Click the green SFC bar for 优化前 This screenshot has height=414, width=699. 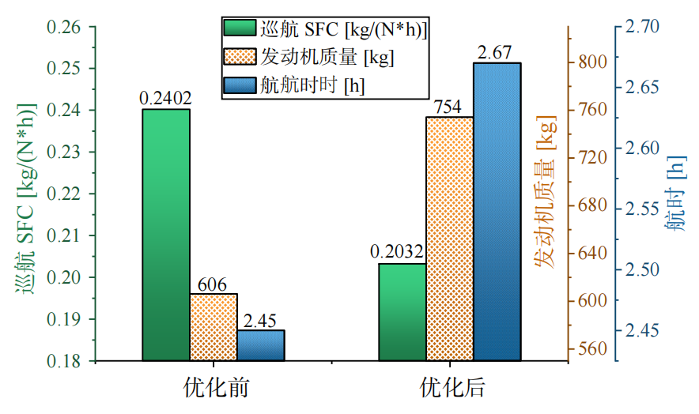click(166, 235)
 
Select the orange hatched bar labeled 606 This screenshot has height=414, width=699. click(213, 327)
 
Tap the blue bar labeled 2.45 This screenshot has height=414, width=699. click(261, 345)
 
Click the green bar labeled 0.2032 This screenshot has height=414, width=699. click(402, 312)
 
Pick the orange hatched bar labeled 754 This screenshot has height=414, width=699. click(449, 239)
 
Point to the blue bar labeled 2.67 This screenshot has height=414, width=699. click(497, 212)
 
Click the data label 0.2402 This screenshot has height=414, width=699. click(165, 99)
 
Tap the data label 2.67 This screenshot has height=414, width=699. click(497, 52)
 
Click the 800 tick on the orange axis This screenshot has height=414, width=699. click(592, 61)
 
